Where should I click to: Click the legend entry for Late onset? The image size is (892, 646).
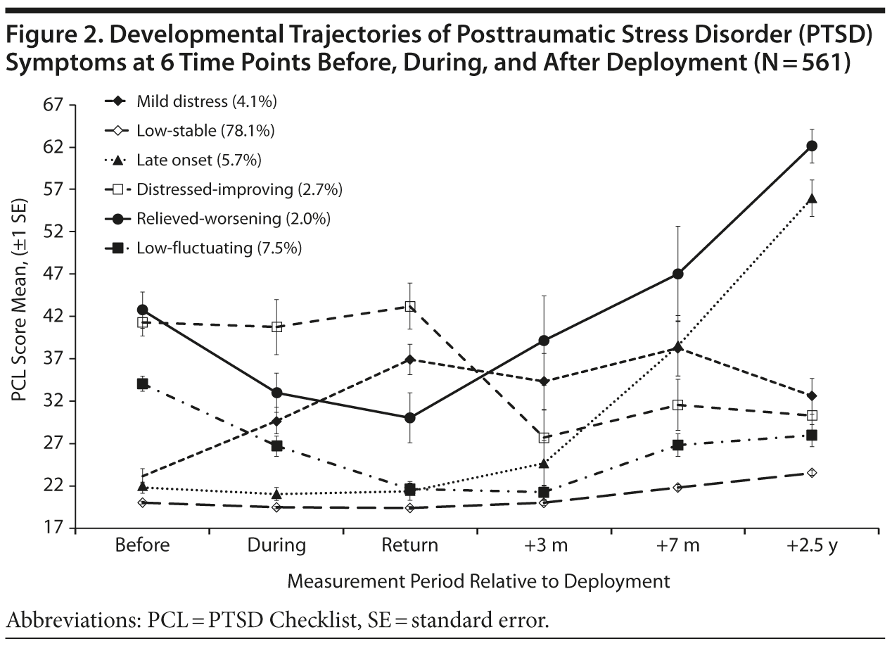[199, 160]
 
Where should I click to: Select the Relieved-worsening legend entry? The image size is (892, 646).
[234, 218]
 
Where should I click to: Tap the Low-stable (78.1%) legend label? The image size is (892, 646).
[205, 131]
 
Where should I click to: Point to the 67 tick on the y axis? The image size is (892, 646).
[53, 105]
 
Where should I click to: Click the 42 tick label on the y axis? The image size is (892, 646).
[53, 316]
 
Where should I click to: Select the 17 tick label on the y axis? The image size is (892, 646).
[53, 528]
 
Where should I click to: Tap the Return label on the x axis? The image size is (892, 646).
[409, 546]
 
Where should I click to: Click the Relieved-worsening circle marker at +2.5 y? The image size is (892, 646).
[811, 146]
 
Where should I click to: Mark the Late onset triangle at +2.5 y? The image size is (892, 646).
[811, 198]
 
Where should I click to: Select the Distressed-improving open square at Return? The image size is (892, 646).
[409, 306]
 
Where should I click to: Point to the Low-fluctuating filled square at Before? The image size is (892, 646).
[142, 384]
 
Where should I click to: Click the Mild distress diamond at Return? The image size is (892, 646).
[409, 359]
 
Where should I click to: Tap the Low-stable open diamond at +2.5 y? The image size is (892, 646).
[811, 472]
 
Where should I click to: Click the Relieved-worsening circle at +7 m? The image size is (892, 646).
[677, 274]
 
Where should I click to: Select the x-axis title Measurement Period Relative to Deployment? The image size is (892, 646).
[477, 581]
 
